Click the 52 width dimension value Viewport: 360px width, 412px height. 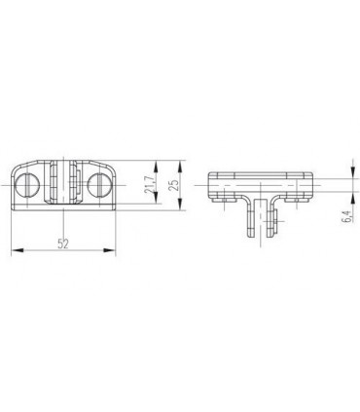click(x=63, y=243)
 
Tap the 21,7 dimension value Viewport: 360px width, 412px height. click(x=150, y=185)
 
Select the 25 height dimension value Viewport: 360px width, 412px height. click(x=174, y=185)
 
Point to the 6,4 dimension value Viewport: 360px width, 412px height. click(x=347, y=216)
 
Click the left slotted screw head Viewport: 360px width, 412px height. click(x=27, y=185)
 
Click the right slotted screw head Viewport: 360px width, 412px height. click(x=99, y=185)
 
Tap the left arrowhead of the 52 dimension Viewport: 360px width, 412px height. click(x=18, y=250)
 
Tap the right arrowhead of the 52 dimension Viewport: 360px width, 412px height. click(x=110, y=250)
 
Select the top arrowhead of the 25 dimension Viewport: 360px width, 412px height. click(x=179, y=167)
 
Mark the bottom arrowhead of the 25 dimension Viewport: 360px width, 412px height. click(x=179, y=205)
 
